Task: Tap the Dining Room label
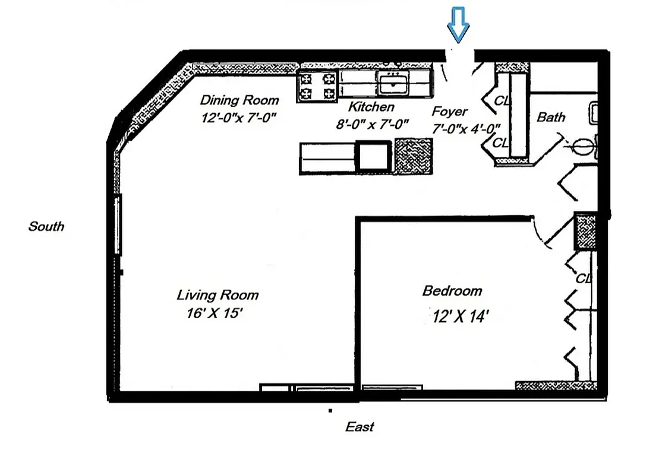point(239,100)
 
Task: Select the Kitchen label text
point(371,107)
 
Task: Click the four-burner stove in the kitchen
point(317,85)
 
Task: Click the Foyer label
point(449,112)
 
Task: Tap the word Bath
point(551,117)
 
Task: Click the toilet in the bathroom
point(584,144)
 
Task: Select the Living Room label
point(217,294)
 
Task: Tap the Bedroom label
point(452,291)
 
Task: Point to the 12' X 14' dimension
point(461,316)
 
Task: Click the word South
point(46,226)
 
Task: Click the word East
point(360,426)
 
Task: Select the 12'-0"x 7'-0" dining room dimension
point(239,118)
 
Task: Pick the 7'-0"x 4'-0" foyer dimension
point(465,128)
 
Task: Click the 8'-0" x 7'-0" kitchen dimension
point(371,124)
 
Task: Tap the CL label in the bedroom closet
point(584,278)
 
